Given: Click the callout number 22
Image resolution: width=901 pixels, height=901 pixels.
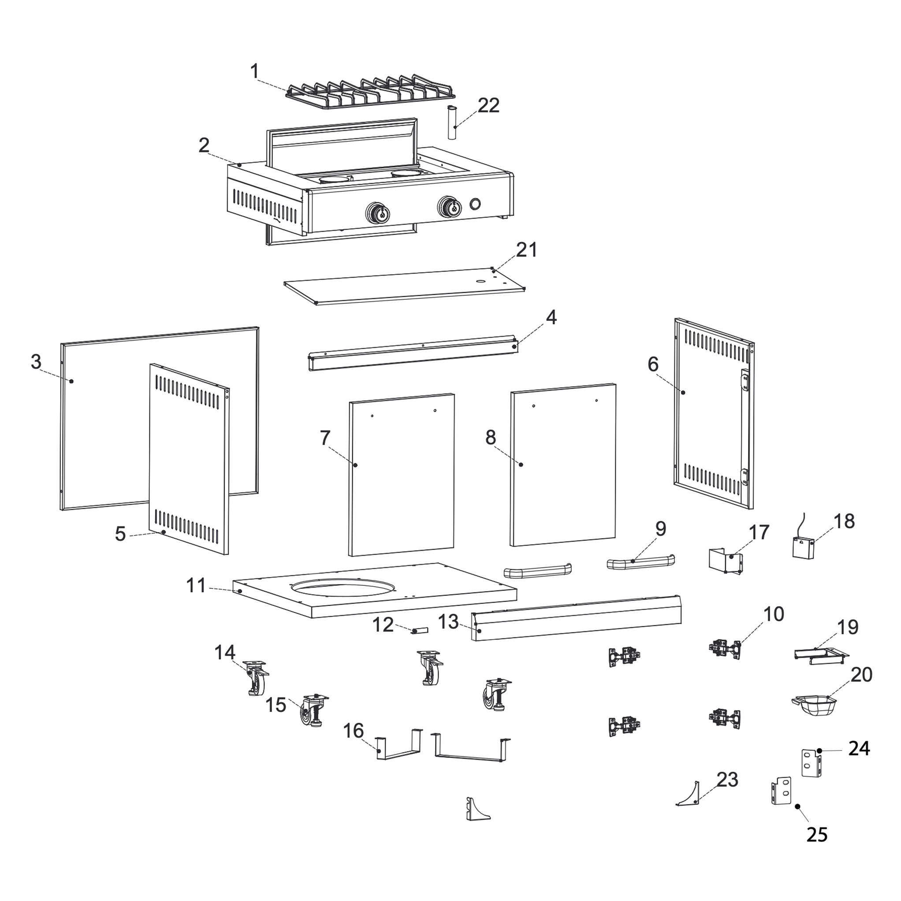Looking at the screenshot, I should pyautogui.click(x=488, y=105).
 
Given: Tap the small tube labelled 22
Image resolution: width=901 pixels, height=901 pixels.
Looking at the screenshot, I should pyautogui.click(x=451, y=122).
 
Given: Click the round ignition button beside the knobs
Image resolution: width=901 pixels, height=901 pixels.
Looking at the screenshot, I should pyautogui.click(x=475, y=204).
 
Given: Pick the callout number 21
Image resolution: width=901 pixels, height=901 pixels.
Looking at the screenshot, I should pyautogui.click(x=526, y=250).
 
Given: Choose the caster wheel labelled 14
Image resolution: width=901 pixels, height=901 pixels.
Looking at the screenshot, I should pyautogui.click(x=257, y=681).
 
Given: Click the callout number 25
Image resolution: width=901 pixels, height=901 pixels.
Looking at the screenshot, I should pyautogui.click(x=817, y=834).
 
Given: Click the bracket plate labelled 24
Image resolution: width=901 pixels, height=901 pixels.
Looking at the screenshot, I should pyautogui.click(x=811, y=762).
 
